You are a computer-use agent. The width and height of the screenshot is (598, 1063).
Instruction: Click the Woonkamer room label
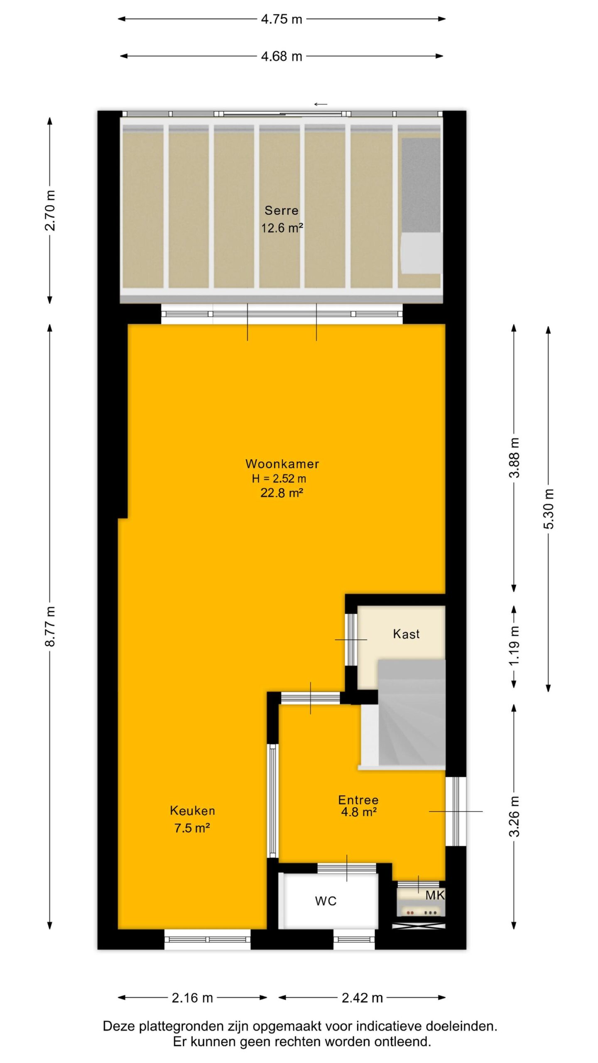pos(282,464)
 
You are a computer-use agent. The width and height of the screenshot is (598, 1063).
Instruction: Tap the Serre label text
pos(282,210)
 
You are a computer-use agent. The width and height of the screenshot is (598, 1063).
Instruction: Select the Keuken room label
pos(192,811)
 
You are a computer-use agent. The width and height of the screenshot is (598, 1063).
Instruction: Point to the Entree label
pos(358,800)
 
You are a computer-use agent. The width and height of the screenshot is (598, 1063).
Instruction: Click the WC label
pos(326,901)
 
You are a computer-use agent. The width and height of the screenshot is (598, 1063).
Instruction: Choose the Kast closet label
pos(406,634)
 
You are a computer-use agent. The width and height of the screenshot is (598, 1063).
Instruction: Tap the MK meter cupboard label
pos(435,895)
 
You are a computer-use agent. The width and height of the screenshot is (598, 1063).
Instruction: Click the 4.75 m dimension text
pos(282,19)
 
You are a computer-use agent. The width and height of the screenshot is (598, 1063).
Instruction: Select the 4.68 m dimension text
pos(282,56)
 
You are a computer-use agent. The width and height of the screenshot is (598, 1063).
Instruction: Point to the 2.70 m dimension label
pos(50,210)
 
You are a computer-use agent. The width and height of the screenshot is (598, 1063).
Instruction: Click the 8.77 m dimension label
pos(50,627)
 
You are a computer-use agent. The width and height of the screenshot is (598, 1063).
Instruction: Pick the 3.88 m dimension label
pos(514,458)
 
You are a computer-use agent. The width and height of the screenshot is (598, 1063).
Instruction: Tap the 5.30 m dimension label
pos(549,509)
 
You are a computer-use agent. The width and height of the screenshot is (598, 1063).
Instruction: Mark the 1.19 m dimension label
pos(514,646)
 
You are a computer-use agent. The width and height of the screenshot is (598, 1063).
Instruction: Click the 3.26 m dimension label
pos(514,816)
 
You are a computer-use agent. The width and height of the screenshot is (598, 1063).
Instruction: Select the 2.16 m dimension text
pos(192,998)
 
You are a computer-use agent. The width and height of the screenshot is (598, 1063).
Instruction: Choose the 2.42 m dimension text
pos(362,998)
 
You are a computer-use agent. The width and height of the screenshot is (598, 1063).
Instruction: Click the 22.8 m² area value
pos(282,493)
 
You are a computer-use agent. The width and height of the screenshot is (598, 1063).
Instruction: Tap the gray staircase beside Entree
pos(411,714)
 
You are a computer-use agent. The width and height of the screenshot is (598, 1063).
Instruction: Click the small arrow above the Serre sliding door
pos(321,104)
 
